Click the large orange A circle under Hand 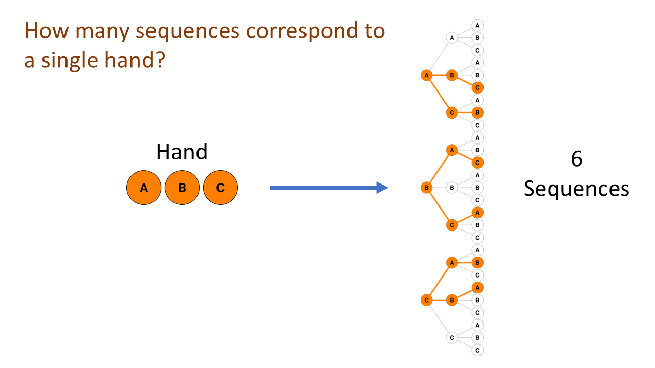click(x=144, y=188)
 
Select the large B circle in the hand click(x=182, y=188)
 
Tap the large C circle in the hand click(x=220, y=188)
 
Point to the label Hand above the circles click(x=182, y=152)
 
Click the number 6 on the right click(x=576, y=159)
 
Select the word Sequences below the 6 click(x=576, y=189)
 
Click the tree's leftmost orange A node click(x=426, y=75)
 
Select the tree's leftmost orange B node click(x=426, y=188)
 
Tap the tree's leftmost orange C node click(x=426, y=300)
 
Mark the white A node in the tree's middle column click(x=452, y=37)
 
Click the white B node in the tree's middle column click(x=452, y=188)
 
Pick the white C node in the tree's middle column click(x=452, y=337)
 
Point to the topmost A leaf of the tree click(x=477, y=25)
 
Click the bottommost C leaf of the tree click(x=477, y=350)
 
